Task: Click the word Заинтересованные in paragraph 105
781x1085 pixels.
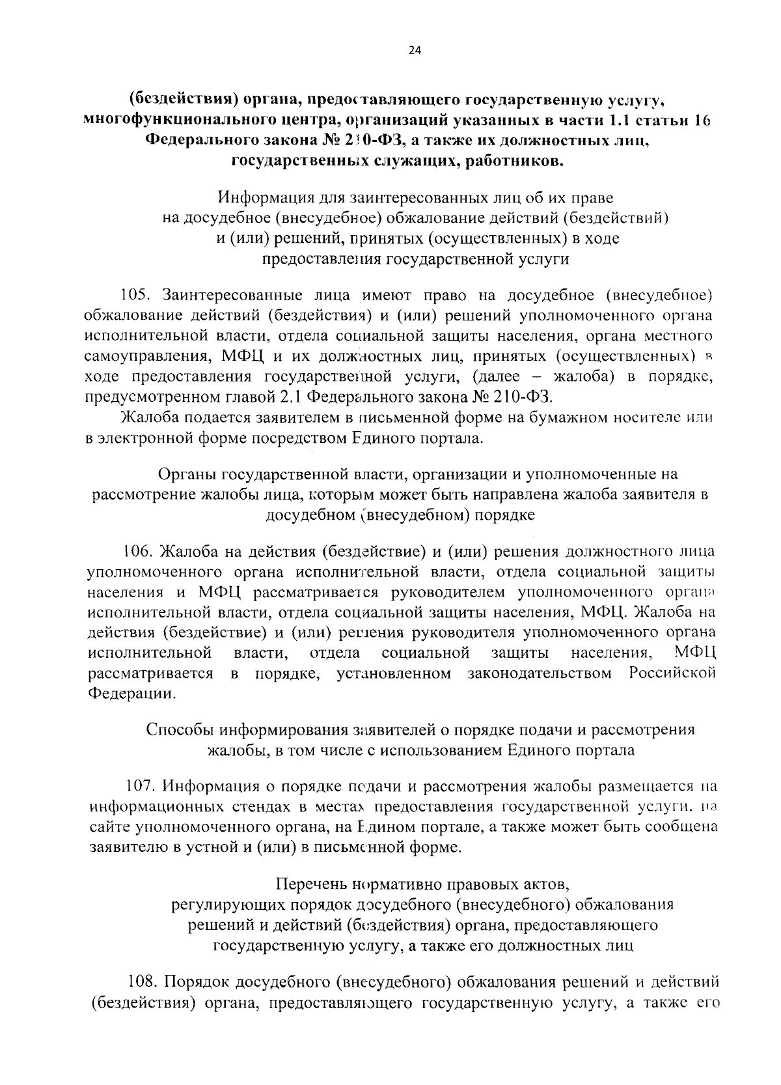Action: coord(230,296)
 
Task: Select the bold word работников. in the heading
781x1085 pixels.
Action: coord(515,162)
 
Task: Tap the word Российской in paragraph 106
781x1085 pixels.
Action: coord(672,673)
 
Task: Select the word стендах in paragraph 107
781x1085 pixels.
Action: coord(266,807)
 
